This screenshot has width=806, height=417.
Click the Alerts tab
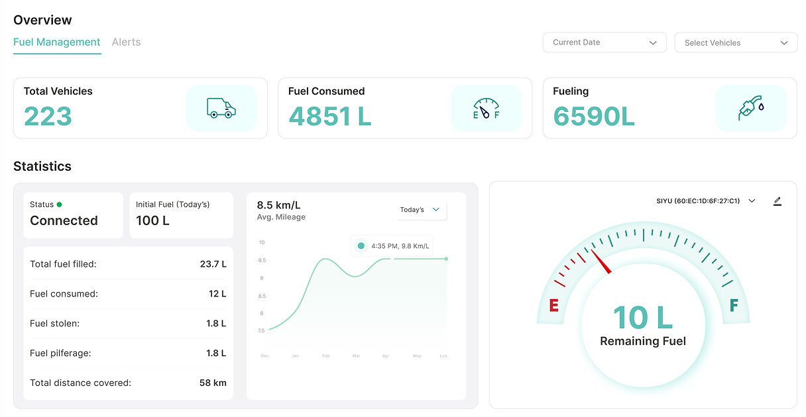(126, 42)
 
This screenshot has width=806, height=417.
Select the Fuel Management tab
(57, 42)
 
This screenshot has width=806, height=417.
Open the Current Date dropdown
(604, 42)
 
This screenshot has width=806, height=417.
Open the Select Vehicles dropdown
(736, 43)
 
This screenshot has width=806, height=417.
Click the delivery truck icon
(221, 108)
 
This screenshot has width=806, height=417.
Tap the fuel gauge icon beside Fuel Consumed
(486, 108)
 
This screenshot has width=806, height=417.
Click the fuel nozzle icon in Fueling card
(751, 108)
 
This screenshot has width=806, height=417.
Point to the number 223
(48, 117)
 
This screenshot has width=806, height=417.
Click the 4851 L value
(329, 117)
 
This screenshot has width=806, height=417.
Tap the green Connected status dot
(59, 205)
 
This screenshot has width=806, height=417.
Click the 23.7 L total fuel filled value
(213, 264)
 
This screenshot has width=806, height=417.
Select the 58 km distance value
(213, 383)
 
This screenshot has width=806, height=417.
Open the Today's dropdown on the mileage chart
(420, 210)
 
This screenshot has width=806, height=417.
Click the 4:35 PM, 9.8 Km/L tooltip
(392, 246)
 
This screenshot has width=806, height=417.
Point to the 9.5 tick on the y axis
(262, 260)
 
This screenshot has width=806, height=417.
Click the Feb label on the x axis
(325, 356)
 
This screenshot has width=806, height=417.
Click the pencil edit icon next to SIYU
(777, 201)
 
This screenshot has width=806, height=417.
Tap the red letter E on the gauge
(554, 305)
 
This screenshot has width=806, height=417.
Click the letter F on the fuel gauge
(734, 305)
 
